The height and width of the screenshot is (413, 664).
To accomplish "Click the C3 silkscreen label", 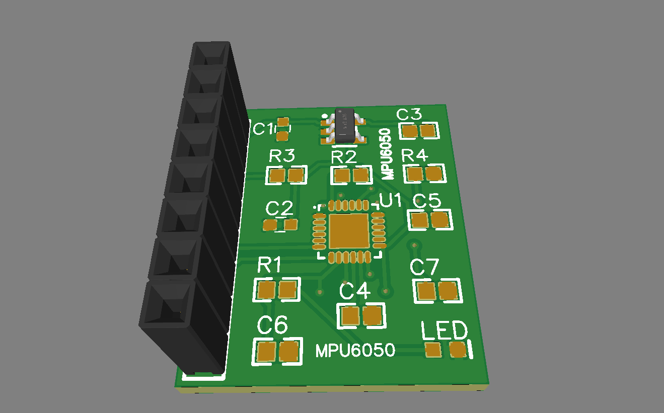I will (x=409, y=115).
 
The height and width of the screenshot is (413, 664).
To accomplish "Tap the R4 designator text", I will (x=415, y=156).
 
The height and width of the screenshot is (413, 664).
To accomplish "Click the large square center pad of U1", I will (x=349, y=231).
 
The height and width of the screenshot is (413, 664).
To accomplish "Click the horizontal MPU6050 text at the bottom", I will (x=355, y=351).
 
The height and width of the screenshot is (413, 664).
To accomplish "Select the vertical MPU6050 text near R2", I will (x=386, y=153).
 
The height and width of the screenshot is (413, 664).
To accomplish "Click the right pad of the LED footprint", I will (x=458, y=349).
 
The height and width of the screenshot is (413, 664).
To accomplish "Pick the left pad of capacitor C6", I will (x=266, y=351).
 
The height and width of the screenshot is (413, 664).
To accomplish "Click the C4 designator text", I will (x=355, y=291).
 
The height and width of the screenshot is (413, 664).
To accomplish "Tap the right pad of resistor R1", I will (x=287, y=290).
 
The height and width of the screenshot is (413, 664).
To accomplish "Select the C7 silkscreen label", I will (x=424, y=267).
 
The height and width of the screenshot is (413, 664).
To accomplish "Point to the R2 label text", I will (x=344, y=157).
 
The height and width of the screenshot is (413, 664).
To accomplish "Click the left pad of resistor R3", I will (x=276, y=176).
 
